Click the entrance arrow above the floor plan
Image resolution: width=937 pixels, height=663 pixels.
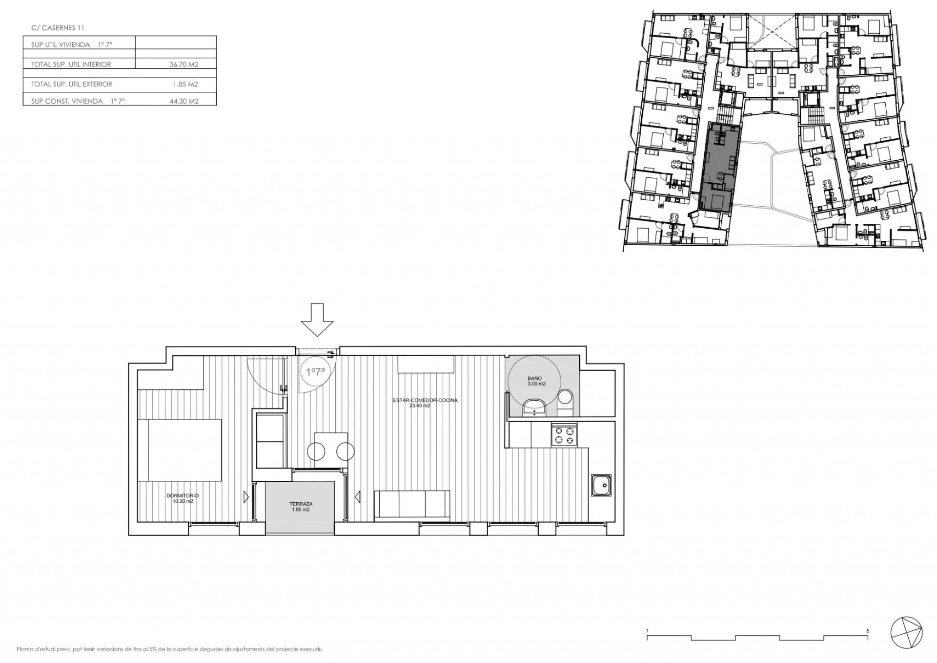pos(317,320)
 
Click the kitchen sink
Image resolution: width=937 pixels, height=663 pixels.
pos(602,485)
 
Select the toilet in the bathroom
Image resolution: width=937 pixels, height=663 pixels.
pos(566,403)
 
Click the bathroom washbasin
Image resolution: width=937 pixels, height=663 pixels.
pos(535,406)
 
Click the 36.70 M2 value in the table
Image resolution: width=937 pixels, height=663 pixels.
pos(184,64)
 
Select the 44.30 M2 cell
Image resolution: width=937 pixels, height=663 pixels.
pos(184,101)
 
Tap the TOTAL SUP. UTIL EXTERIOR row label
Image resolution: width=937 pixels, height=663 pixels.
pos(72,84)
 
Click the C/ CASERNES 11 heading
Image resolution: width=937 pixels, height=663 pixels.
pos(58,28)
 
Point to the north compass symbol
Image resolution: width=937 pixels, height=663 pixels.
pos(906,634)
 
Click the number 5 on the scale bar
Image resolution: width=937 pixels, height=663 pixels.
pos(868,631)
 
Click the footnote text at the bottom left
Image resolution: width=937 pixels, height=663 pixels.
pos(169,649)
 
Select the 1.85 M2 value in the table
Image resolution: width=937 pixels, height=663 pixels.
pos(185,84)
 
